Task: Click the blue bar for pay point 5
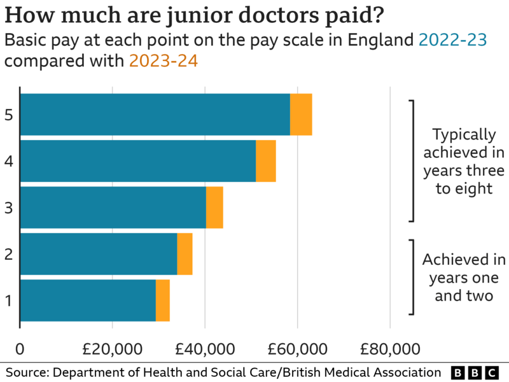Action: pos(155,115)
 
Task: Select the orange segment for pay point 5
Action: pos(301,115)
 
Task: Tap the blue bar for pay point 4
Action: pos(138,161)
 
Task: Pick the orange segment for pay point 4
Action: pos(266,161)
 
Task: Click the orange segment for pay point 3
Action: pos(214,208)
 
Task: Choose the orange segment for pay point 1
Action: pos(163,301)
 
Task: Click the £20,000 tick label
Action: pos(113,349)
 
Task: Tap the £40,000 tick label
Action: pos(205,349)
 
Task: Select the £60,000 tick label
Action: pos(298,349)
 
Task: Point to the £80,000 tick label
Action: pos(390,349)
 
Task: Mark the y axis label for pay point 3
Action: pos(8,208)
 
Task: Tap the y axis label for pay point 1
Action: pos(8,301)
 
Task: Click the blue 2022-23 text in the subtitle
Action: pos(453,41)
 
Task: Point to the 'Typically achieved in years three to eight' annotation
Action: pos(464,161)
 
